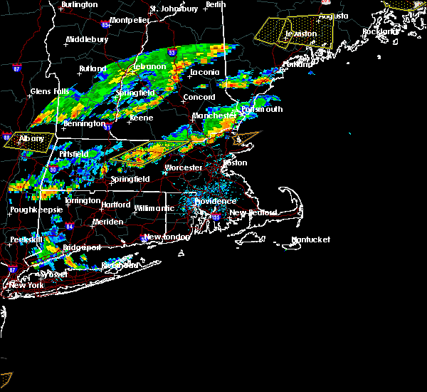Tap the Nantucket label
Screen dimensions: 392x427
[x=311, y=240]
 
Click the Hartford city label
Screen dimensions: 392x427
[x=115, y=205]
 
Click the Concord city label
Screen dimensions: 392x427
[x=199, y=98]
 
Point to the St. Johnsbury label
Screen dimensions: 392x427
[x=174, y=9]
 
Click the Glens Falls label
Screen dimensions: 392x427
[x=50, y=91]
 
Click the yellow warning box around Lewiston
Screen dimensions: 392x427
[x=295, y=32]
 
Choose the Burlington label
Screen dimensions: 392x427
[x=79, y=5]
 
